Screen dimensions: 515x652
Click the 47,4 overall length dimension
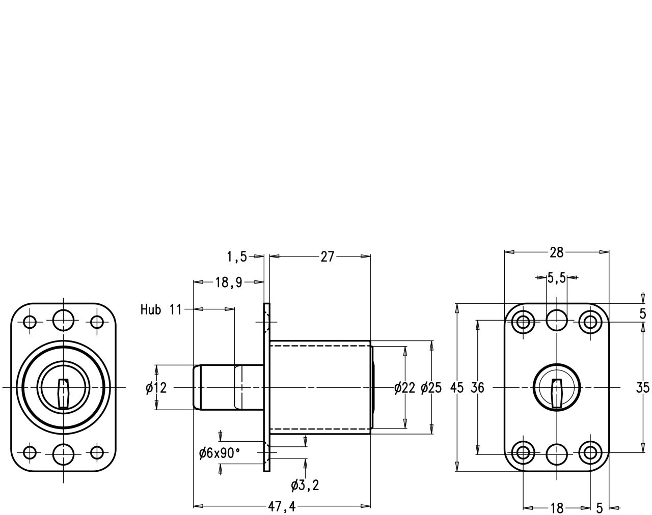tap(282, 506)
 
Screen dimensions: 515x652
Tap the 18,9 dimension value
tap(229, 283)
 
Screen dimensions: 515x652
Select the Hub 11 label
tap(161, 309)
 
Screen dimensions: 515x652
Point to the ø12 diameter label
tap(156, 388)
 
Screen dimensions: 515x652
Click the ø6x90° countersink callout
tap(219, 452)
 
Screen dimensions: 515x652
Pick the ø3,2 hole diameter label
tap(305, 485)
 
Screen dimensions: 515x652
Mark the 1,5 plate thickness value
tap(237, 257)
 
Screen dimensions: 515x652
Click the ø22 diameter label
tap(405, 388)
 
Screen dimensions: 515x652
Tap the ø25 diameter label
tap(431, 388)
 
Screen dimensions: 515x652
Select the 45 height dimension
tap(457, 388)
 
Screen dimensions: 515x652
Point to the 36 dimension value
tap(477, 388)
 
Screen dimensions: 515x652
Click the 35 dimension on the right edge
tap(643, 388)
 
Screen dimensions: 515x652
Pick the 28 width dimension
tap(557, 252)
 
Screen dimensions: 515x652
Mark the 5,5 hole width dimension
tap(557, 278)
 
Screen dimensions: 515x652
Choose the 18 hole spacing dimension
tap(557, 508)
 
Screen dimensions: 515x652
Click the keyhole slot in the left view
tap(63, 393)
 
